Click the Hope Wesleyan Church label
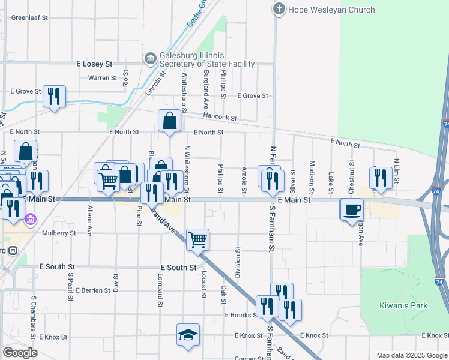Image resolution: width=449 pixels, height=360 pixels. pos(331,10)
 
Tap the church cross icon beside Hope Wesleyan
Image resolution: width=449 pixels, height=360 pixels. pos(279,10)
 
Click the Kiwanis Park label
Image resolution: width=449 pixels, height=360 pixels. pos(403,305)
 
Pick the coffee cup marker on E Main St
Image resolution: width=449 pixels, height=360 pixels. pos(351,209)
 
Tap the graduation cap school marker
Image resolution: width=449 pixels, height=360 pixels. pos(188,334)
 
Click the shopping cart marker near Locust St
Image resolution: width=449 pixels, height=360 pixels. pos(197,239)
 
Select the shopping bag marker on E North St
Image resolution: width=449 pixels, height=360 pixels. pos(170,121)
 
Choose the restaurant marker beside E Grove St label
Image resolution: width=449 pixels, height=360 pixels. pos(55,96)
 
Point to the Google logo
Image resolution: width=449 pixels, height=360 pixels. pos(20,353)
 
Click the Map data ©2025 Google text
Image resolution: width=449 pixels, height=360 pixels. pos(411,355)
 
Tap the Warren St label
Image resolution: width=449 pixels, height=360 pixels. pos(102,78)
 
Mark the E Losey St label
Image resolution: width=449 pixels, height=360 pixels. pos(94,63)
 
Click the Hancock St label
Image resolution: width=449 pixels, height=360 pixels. pos(220,117)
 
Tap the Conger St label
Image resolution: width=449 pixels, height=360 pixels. pos(246,358)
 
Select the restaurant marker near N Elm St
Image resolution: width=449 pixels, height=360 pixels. pos(380,177)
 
